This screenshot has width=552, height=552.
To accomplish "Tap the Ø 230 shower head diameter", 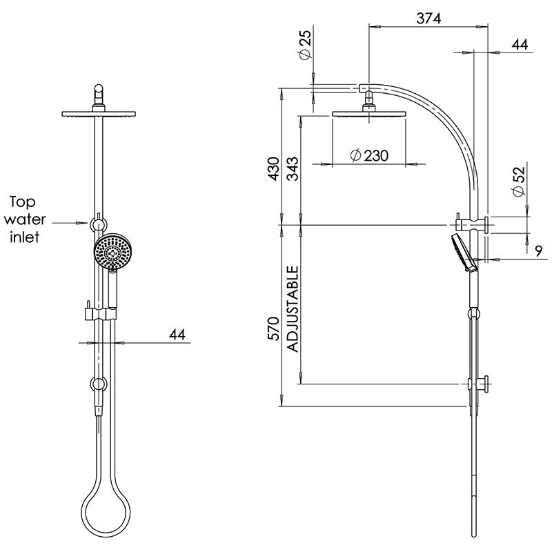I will pyautogui.click(x=369, y=156).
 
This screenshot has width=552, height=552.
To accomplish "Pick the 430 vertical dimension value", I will pyautogui.click(x=274, y=169).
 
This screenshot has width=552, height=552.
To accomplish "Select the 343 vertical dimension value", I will pyautogui.click(x=294, y=169).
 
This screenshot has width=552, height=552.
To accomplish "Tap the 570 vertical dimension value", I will pyautogui.click(x=274, y=328).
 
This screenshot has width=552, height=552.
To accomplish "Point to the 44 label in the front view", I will pyautogui.click(x=178, y=334).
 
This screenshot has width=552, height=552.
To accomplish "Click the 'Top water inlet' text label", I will pyautogui.click(x=26, y=219).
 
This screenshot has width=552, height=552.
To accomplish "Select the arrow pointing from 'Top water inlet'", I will pyautogui.click(x=72, y=222).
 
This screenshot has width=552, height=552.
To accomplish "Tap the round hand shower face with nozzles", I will pyautogui.click(x=110, y=253).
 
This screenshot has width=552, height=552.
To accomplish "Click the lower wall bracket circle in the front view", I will pyautogui.click(x=99, y=384).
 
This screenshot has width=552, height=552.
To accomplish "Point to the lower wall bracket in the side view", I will pyautogui.click(x=477, y=384).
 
